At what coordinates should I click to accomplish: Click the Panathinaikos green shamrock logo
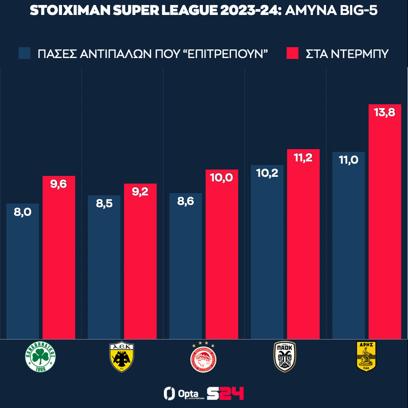pos(40,357)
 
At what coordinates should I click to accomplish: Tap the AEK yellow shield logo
pos(122,357)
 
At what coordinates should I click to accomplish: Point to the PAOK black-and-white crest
pos(285,357)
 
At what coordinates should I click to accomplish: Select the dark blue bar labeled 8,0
pos(23,272)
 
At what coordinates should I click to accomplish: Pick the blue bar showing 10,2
pos(267,254)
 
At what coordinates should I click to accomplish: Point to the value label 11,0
pos(348,160)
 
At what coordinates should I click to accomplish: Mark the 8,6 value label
pos(185,201)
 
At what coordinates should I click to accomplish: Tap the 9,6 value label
pos(59,184)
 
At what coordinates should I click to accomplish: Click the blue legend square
pos(24,53)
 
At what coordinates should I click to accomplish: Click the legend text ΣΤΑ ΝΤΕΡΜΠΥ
pos(347,54)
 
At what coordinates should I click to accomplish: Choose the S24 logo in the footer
pos(225,393)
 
